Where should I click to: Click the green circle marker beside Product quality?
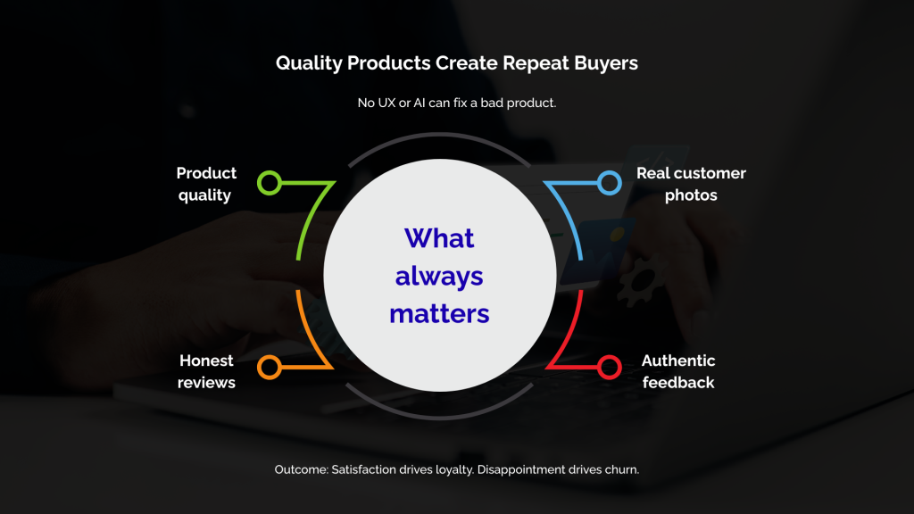point(270,183)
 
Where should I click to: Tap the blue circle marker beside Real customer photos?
point(610,183)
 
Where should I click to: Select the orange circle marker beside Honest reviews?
point(270,366)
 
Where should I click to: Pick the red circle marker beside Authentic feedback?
point(610,366)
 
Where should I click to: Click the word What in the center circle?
point(439,238)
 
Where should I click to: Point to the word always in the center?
point(439,276)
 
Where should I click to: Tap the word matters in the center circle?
point(439,313)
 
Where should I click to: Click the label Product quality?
point(206,184)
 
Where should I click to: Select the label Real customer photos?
point(691,184)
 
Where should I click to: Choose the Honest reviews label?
point(206,371)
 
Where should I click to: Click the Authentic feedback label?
point(678,371)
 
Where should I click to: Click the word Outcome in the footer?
point(301,468)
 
